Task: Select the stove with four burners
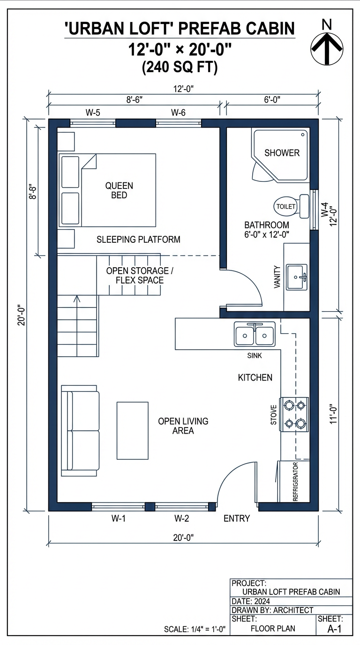[294, 414]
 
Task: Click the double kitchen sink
[255, 334]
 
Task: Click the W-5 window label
[92, 112]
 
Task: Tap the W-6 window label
[178, 112]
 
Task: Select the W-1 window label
[119, 518]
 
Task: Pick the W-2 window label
[181, 518]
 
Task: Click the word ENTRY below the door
[237, 518]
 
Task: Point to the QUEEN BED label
[119, 190]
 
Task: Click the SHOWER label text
[282, 153]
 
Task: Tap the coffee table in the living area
[133, 430]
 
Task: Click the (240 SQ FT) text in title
[180, 68]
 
